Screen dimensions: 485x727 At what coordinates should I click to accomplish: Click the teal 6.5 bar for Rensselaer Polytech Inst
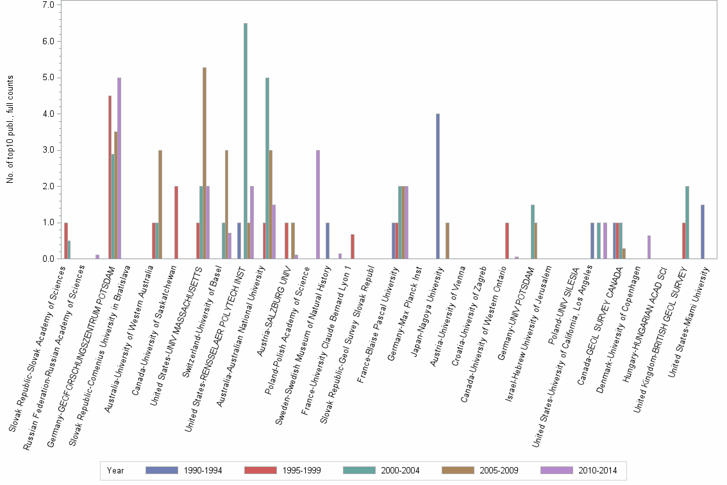tap(246, 141)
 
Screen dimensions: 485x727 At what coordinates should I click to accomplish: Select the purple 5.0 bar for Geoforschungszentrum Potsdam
tap(119, 168)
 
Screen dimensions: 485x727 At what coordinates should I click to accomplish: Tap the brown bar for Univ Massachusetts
tap(205, 163)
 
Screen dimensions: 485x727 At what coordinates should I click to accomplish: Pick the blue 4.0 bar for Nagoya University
tap(438, 186)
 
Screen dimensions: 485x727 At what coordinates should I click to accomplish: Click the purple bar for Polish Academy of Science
tap(318, 205)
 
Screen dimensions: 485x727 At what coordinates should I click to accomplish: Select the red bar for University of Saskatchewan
tap(176, 223)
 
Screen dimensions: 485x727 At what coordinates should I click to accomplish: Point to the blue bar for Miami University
tap(703, 232)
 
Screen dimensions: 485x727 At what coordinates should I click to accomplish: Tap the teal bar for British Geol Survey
tap(687, 223)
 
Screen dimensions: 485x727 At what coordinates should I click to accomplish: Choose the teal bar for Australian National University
tap(267, 168)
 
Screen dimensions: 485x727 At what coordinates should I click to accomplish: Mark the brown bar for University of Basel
tap(226, 205)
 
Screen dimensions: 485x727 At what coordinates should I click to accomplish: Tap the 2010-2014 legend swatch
tap(558, 471)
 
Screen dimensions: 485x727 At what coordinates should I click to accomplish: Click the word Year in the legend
tap(116, 471)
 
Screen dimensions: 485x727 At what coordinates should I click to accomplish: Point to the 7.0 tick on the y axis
tap(49, 5)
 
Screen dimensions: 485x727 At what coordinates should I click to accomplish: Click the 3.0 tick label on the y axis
tap(49, 150)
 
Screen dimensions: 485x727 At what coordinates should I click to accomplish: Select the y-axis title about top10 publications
tap(10, 129)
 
